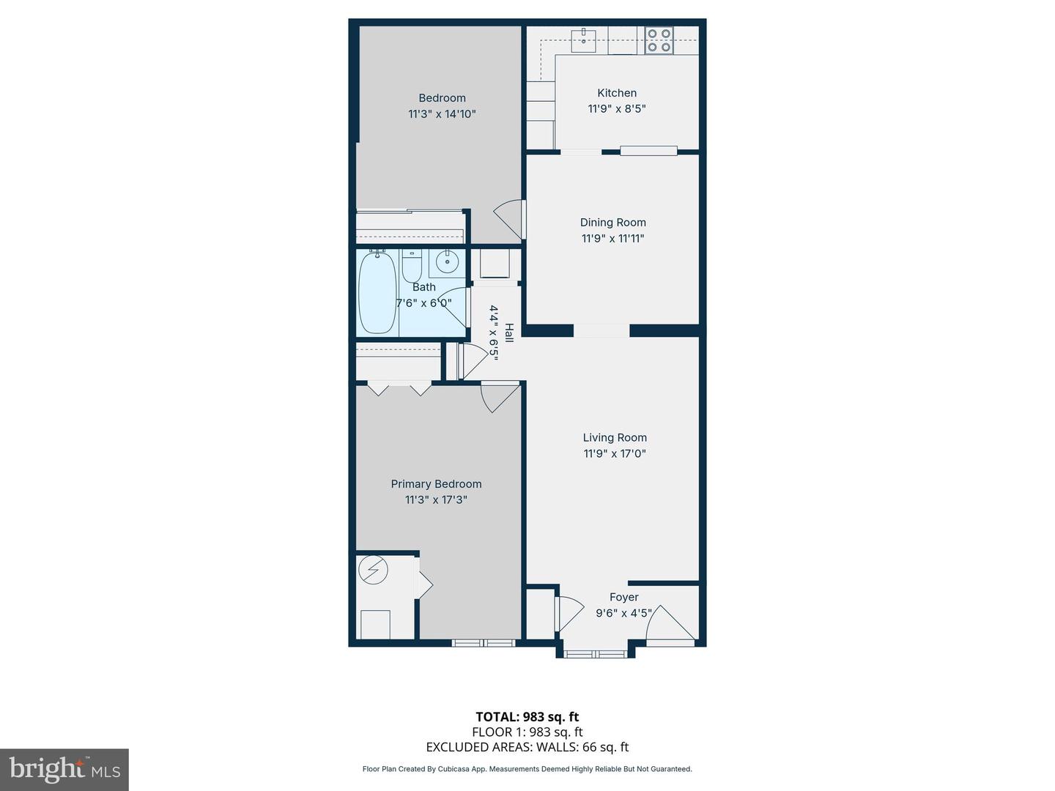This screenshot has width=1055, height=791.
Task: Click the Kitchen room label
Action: pyautogui.click(x=617, y=93)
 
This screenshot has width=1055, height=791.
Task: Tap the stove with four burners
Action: pyautogui.click(x=659, y=40)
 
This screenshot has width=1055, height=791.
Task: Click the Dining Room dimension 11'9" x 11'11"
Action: pyautogui.click(x=612, y=238)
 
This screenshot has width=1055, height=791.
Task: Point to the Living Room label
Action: pyautogui.click(x=615, y=437)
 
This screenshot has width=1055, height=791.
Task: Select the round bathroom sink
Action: pyautogui.click(x=446, y=261)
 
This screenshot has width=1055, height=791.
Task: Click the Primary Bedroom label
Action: pyautogui.click(x=436, y=484)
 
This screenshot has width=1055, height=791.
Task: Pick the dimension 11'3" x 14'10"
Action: pyautogui.click(x=442, y=114)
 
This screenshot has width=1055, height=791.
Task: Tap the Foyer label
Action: pyautogui.click(x=623, y=597)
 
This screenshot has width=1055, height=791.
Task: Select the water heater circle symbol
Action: pyautogui.click(x=374, y=570)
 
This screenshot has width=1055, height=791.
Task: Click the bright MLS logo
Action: pyautogui.click(x=64, y=769)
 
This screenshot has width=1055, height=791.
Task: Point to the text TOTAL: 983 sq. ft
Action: pyautogui.click(x=527, y=717)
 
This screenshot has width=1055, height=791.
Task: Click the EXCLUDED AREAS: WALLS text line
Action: pyautogui.click(x=527, y=747)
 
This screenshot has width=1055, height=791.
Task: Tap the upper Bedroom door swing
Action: pyautogui.click(x=511, y=218)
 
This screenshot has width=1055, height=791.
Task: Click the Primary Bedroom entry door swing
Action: pyautogui.click(x=498, y=398)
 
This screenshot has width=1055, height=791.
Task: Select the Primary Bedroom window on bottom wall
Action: pyautogui.click(x=484, y=643)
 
